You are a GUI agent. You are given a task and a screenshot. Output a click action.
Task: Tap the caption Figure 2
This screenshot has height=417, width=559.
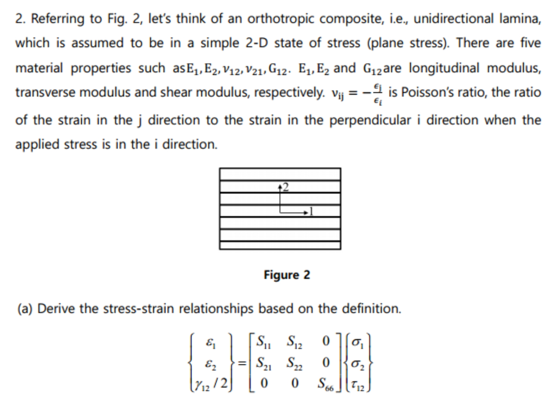click(x=287, y=275)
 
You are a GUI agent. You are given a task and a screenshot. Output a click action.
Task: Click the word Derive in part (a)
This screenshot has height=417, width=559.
click(x=57, y=309)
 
